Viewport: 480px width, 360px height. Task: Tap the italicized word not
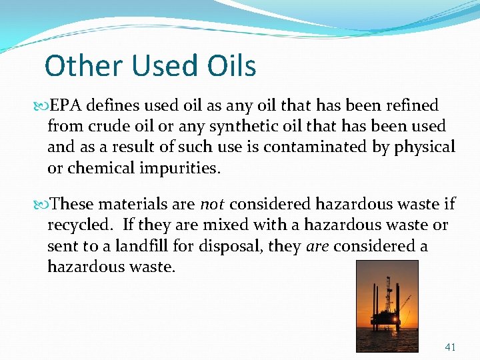pyautogui.click(x=211, y=205)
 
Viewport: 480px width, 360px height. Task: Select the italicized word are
pyautogui.click(x=317, y=246)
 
